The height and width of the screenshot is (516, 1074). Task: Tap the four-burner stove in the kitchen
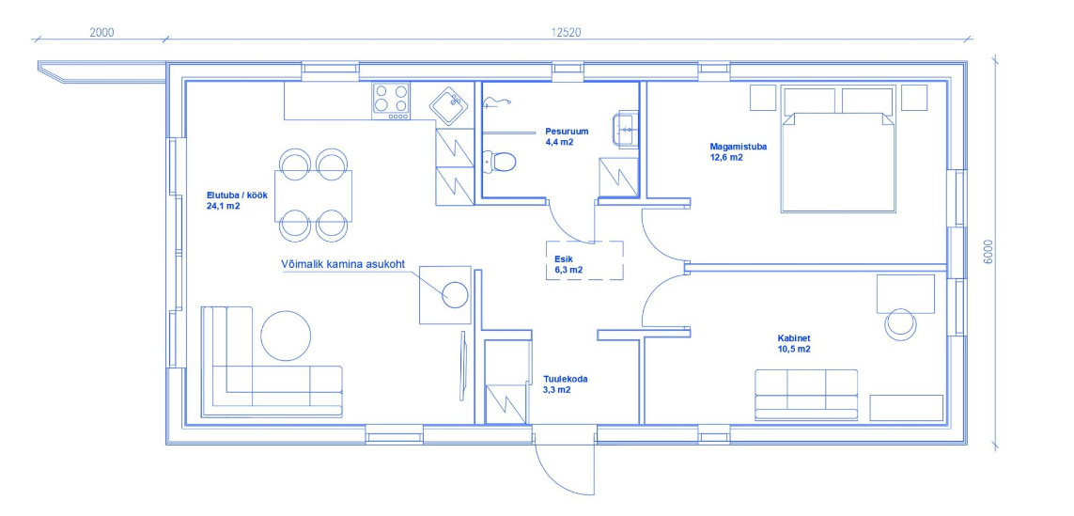(x=391, y=101)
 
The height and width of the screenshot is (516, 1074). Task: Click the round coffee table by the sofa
(x=287, y=336)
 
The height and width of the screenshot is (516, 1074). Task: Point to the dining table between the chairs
(x=313, y=196)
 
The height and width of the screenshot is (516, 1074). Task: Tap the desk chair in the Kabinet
(x=900, y=322)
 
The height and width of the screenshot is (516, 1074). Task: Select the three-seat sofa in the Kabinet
(x=806, y=395)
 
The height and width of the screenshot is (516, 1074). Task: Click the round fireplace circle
(x=456, y=295)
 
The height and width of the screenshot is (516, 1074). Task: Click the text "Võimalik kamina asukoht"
(x=341, y=265)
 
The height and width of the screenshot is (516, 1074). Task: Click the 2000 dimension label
(x=101, y=32)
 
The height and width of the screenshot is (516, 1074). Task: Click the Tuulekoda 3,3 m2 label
(x=566, y=383)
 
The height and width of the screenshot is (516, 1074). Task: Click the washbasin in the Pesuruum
(x=627, y=128)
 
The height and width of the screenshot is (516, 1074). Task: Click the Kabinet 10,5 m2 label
(x=794, y=343)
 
